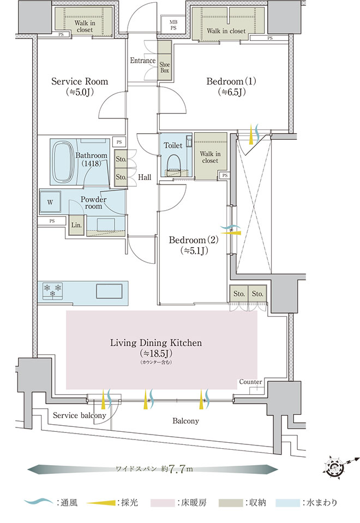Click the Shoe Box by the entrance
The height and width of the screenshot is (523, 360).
(x=165, y=67)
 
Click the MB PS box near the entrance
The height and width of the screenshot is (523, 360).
(x=173, y=23)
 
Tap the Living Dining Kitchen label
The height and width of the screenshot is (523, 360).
(x=156, y=343)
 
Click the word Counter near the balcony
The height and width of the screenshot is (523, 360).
(x=251, y=382)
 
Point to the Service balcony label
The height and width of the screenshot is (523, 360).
(x=79, y=416)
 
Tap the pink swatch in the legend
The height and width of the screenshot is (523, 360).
(x=164, y=501)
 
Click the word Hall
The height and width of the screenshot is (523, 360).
(x=145, y=177)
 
